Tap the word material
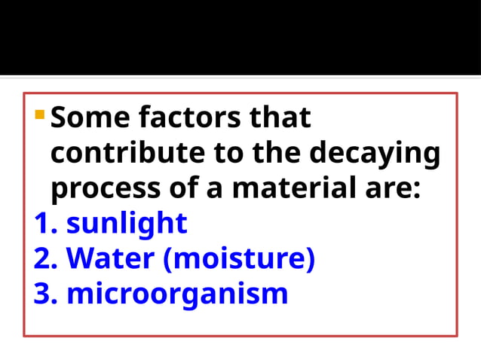(289, 188)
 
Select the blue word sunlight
(127, 224)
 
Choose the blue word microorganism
(177, 294)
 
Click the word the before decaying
(279, 153)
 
